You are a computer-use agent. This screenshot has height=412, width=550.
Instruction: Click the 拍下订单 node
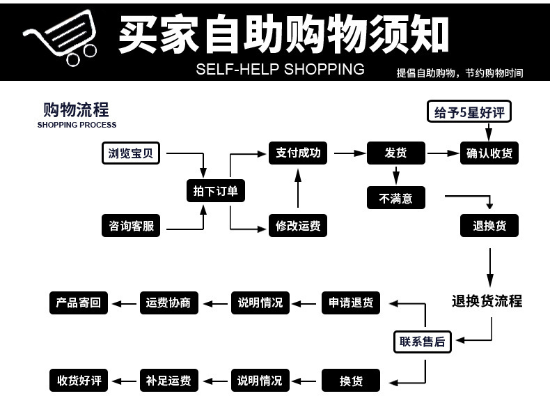pyautogui.click(x=215, y=191)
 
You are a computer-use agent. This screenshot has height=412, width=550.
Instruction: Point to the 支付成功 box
pyautogui.click(x=298, y=153)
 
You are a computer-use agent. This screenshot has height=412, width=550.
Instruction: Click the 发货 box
pyautogui.click(x=395, y=153)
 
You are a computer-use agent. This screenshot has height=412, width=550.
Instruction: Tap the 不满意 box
pyautogui.click(x=395, y=198)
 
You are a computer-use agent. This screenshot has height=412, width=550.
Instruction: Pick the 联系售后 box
pyautogui.click(x=422, y=341)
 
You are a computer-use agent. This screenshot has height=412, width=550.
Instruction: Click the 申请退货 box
pyautogui.click(x=351, y=303)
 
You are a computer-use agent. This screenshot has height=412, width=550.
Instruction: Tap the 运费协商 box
pyautogui.click(x=169, y=303)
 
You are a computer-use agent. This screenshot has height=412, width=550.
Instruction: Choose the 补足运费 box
pyautogui.click(x=169, y=381)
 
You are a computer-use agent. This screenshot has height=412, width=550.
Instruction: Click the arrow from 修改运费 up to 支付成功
pyautogui.click(x=298, y=189)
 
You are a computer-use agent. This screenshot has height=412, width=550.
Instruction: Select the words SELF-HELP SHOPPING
pyautogui.click(x=280, y=69)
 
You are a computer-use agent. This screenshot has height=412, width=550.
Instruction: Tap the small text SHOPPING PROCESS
pyautogui.click(x=77, y=125)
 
